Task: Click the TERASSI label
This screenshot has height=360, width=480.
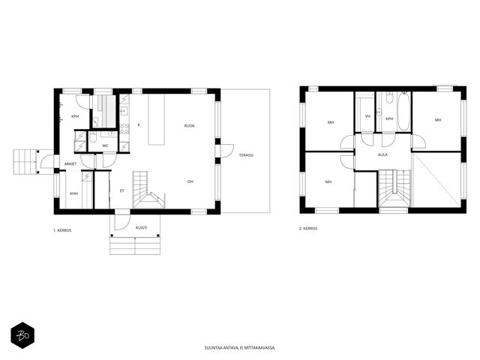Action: click(x=246, y=155)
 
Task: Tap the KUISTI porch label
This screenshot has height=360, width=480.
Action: click(x=142, y=228)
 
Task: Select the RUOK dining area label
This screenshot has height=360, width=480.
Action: click(x=190, y=126)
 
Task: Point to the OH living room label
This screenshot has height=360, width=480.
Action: click(x=190, y=181)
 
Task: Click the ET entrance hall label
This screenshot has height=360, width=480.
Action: click(x=121, y=191)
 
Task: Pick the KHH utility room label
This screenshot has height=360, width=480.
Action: click(x=73, y=193)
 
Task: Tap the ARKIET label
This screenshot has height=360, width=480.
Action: click(x=70, y=164)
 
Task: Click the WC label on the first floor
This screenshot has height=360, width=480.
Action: click(x=105, y=145)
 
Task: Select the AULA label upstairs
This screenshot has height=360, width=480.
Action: click(x=382, y=155)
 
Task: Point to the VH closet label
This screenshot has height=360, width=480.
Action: click(x=367, y=116)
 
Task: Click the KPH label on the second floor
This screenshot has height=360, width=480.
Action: click(x=389, y=118)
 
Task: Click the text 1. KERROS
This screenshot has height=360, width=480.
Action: click(x=62, y=230)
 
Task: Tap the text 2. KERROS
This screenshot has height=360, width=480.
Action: click(x=308, y=229)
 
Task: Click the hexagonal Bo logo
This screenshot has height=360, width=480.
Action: click(x=22, y=335)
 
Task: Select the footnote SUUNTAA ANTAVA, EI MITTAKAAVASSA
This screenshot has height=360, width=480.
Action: click(x=240, y=348)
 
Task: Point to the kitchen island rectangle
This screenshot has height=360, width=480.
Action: click(x=157, y=119)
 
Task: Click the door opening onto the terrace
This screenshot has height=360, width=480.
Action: click(x=226, y=151)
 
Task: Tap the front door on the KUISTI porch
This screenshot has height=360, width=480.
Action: click(x=122, y=222)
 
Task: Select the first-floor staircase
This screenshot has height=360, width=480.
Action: click(x=148, y=190)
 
